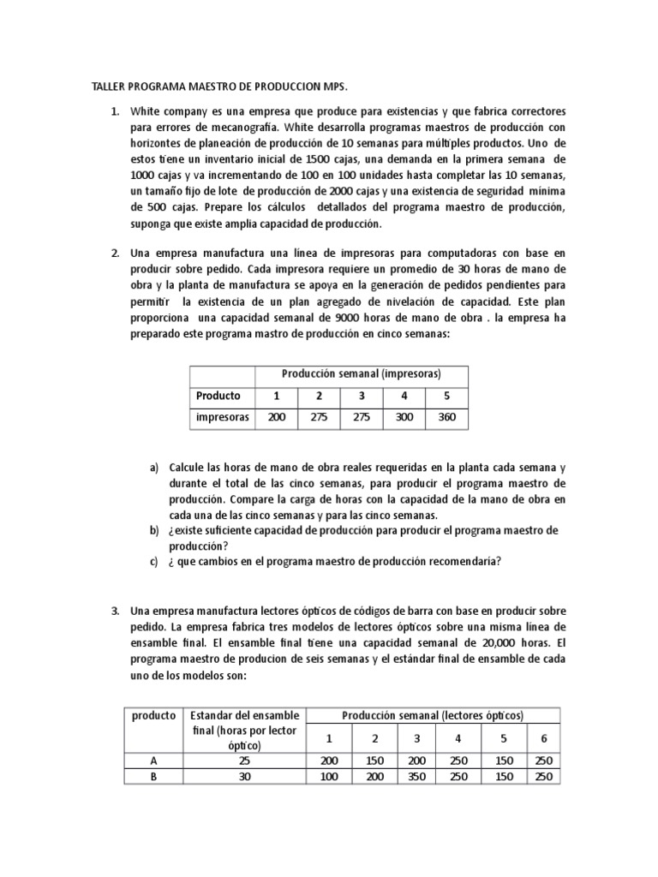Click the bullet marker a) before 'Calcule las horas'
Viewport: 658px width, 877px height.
pyautogui.click(x=154, y=468)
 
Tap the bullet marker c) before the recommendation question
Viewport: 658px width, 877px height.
pyautogui.click(x=154, y=562)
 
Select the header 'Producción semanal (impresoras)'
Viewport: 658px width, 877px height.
pyautogui.click(x=362, y=374)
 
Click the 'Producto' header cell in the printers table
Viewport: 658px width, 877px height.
pyautogui.click(x=218, y=396)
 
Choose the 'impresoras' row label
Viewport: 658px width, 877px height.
pyautogui.click(x=222, y=417)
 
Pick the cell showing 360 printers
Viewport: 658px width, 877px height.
pyautogui.click(x=447, y=417)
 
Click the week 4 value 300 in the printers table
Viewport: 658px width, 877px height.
pyautogui.click(x=404, y=417)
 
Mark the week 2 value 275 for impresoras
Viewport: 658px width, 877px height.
pyautogui.click(x=319, y=417)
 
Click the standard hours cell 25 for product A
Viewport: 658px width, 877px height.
pyautogui.click(x=246, y=761)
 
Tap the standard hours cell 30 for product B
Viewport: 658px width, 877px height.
pyautogui.click(x=246, y=776)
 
